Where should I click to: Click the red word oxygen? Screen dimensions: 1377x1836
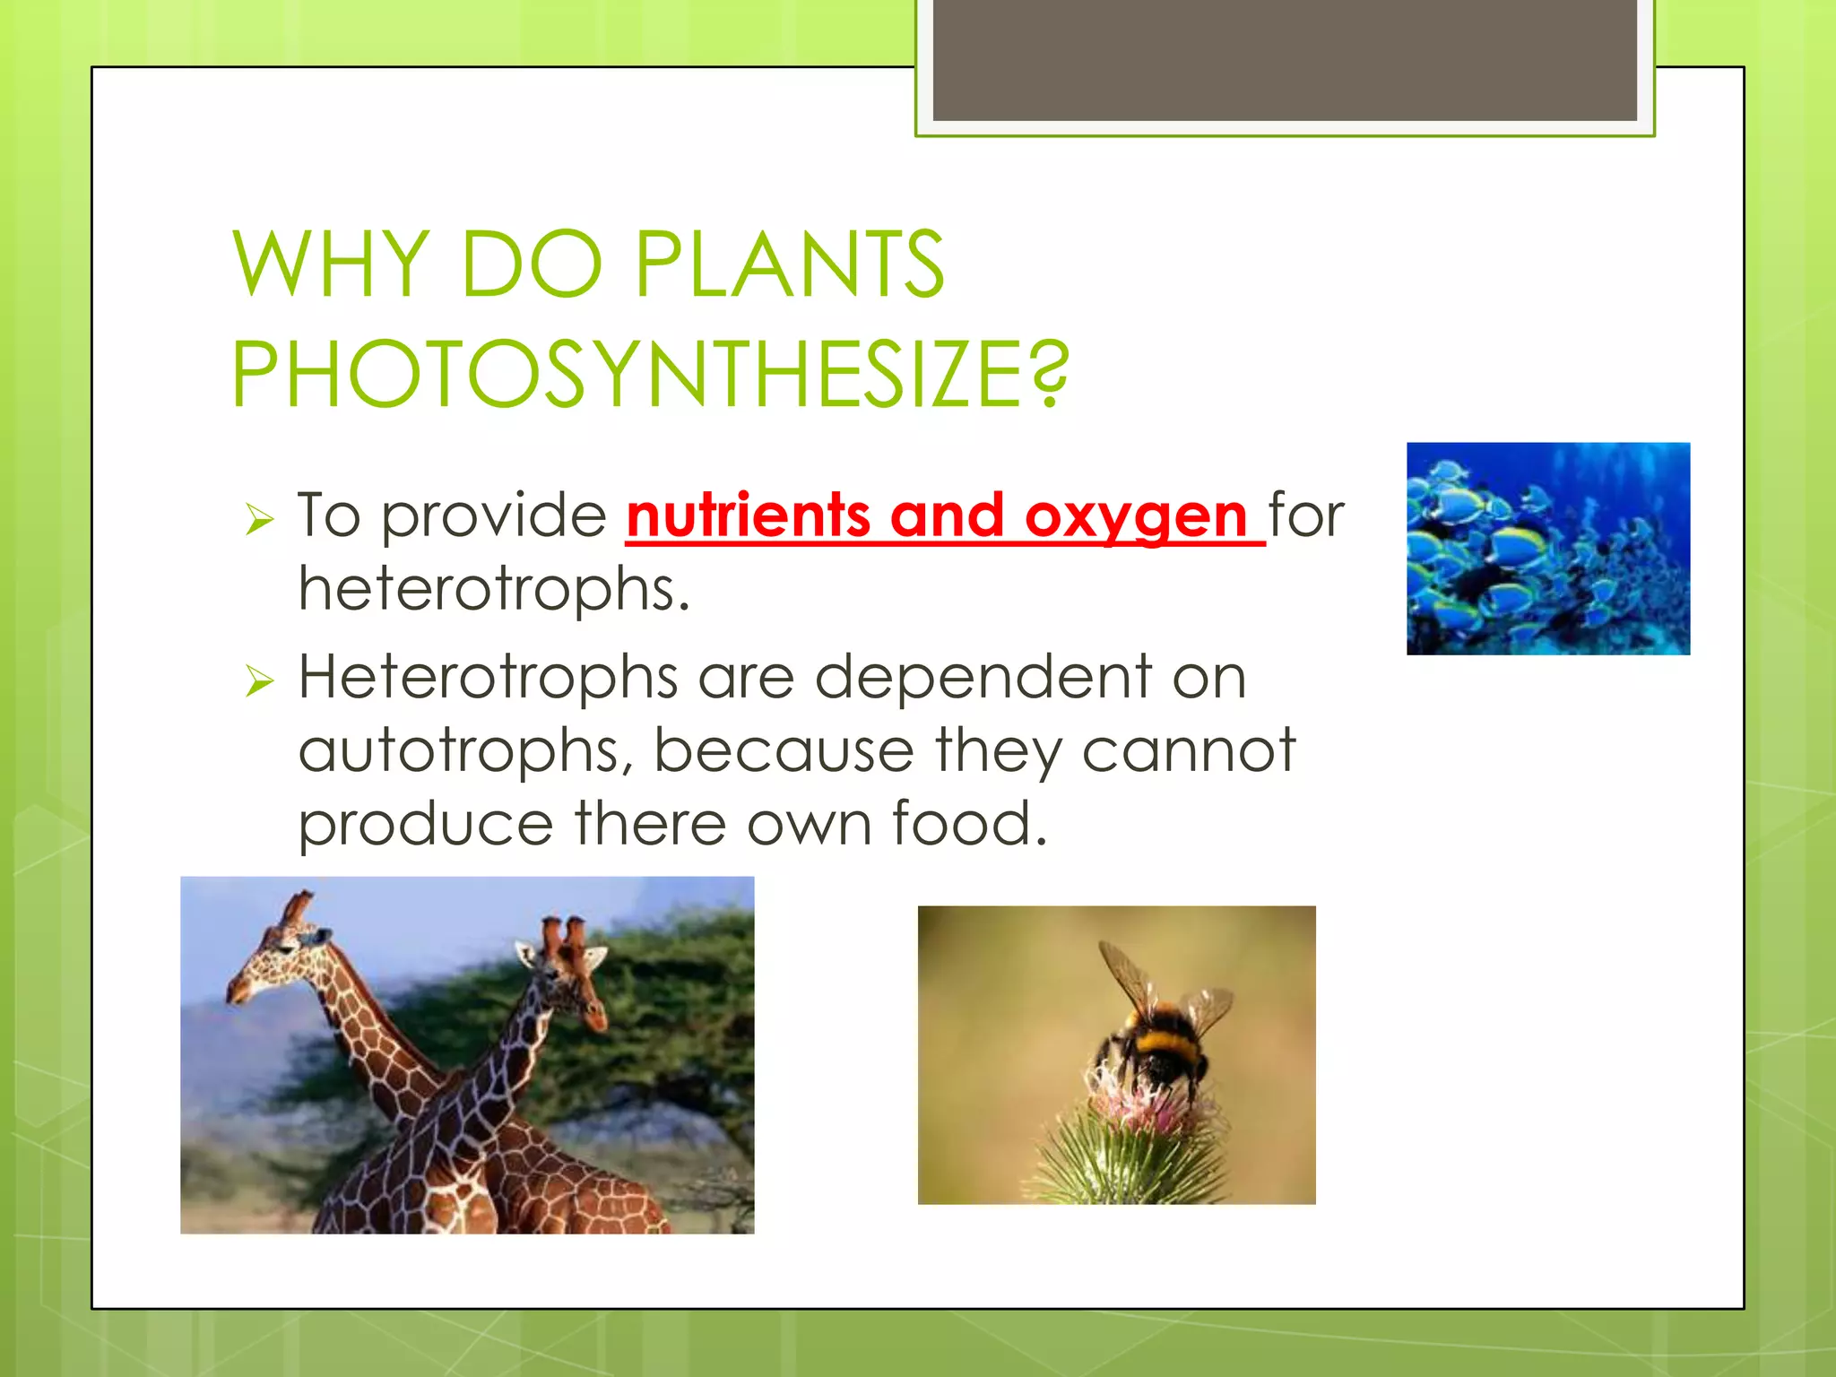coord(1135,516)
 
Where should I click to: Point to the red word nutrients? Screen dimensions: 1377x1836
coord(748,516)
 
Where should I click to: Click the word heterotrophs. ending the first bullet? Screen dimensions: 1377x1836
coord(494,590)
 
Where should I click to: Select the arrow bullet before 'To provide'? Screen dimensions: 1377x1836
coord(259,519)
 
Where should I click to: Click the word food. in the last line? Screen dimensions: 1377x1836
coord(968,824)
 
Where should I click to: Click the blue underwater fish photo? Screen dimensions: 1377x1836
coord(1547,548)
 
